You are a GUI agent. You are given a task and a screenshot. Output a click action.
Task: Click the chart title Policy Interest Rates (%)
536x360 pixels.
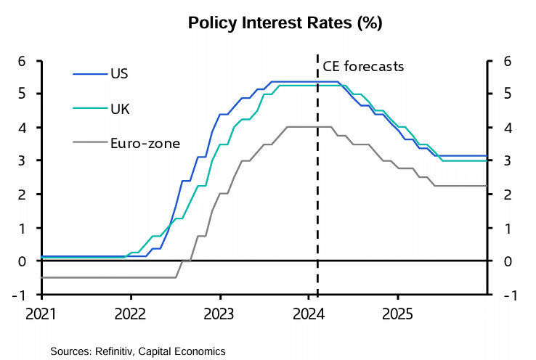click(x=285, y=23)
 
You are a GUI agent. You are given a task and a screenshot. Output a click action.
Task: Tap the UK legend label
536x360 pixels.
click(x=120, y=109)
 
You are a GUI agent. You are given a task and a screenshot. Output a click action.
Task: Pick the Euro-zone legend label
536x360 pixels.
click(x=145, y=143)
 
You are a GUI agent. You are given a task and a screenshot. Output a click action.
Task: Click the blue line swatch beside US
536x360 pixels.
click(x=89, y=73)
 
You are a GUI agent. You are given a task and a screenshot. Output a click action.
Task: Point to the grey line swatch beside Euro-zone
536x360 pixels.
click(x=89, y=143)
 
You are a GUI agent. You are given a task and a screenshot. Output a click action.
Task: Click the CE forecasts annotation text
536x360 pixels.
click(x=363, y=67)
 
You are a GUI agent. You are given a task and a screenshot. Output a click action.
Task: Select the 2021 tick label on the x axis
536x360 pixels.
click(x=42, y=316)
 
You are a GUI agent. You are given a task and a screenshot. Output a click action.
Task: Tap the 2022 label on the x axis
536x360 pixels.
click(x=131, y=316)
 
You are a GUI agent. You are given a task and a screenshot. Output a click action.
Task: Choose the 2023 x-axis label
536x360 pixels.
click(x=219, y=316)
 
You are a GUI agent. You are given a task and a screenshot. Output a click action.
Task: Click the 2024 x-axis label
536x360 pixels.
click(x=309, y=316)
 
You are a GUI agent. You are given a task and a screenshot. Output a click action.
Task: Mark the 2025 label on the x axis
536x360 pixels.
click(x=397, y=316)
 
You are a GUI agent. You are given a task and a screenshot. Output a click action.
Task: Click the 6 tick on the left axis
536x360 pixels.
click(x=23, y=61)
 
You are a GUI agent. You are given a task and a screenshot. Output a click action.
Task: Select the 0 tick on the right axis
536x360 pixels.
click(x=503, y=261)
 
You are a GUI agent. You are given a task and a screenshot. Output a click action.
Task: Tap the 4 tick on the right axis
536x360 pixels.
click(x=503, y=128)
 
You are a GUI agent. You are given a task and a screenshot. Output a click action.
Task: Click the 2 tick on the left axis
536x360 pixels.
click(x=23, y=195)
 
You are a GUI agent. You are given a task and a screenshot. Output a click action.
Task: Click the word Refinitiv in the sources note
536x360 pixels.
click(x=118, y=351)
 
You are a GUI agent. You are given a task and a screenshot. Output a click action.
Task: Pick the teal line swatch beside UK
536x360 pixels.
click(x=89, y=109)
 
